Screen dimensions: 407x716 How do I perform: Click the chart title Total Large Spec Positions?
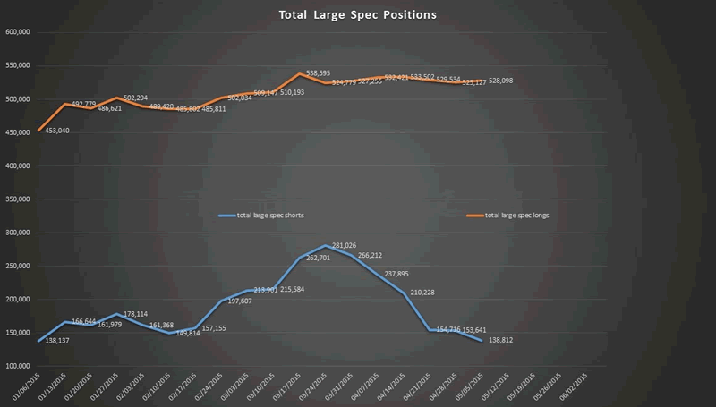click(357, 15)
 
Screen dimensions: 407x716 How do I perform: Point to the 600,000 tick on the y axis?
click(19, 32)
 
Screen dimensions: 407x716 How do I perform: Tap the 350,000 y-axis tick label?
click(19, 199)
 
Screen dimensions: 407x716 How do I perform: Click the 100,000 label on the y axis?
click(19, 367)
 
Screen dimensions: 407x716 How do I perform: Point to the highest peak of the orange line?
click(300, 74)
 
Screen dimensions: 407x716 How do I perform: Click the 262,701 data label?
click(302, 259)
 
